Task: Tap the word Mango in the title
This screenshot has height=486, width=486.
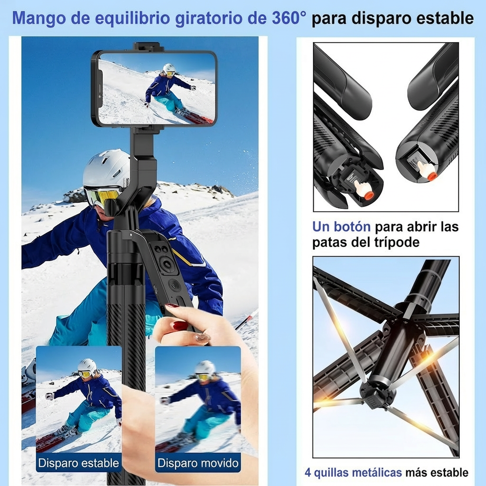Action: point(35,18)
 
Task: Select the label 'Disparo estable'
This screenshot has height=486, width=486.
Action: point(78,463)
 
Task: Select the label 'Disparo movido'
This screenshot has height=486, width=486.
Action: point(198,463)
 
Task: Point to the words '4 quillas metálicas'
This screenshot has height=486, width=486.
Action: point(353,473)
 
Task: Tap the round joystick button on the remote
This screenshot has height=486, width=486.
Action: point(167,264)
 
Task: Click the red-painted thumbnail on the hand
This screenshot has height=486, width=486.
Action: point(180,326)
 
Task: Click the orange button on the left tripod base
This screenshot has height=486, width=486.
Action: point(368,195)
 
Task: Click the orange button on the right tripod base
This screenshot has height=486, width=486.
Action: point(431,177)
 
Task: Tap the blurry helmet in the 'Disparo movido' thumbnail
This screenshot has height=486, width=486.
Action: point(205,368)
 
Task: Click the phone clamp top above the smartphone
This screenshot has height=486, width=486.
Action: point(149,47)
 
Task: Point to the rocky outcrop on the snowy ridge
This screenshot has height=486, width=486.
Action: point(75,195)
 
